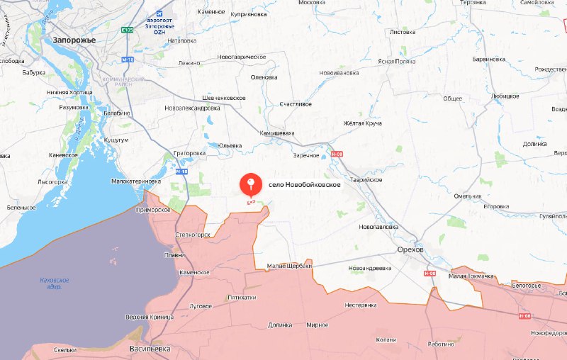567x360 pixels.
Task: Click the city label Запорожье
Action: point(74,40)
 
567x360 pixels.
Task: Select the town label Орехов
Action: point(410,250)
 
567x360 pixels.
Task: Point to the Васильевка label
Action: point(150,350)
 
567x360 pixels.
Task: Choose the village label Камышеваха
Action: point(276,133)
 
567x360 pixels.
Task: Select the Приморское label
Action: point(155,210)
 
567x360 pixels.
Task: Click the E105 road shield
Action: point(128,30)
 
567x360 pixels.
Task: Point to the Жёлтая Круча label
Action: point(364,123)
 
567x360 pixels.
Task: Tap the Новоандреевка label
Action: point(370,268)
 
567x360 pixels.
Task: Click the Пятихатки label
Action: point(242,298)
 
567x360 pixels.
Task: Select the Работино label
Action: point(439,344)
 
